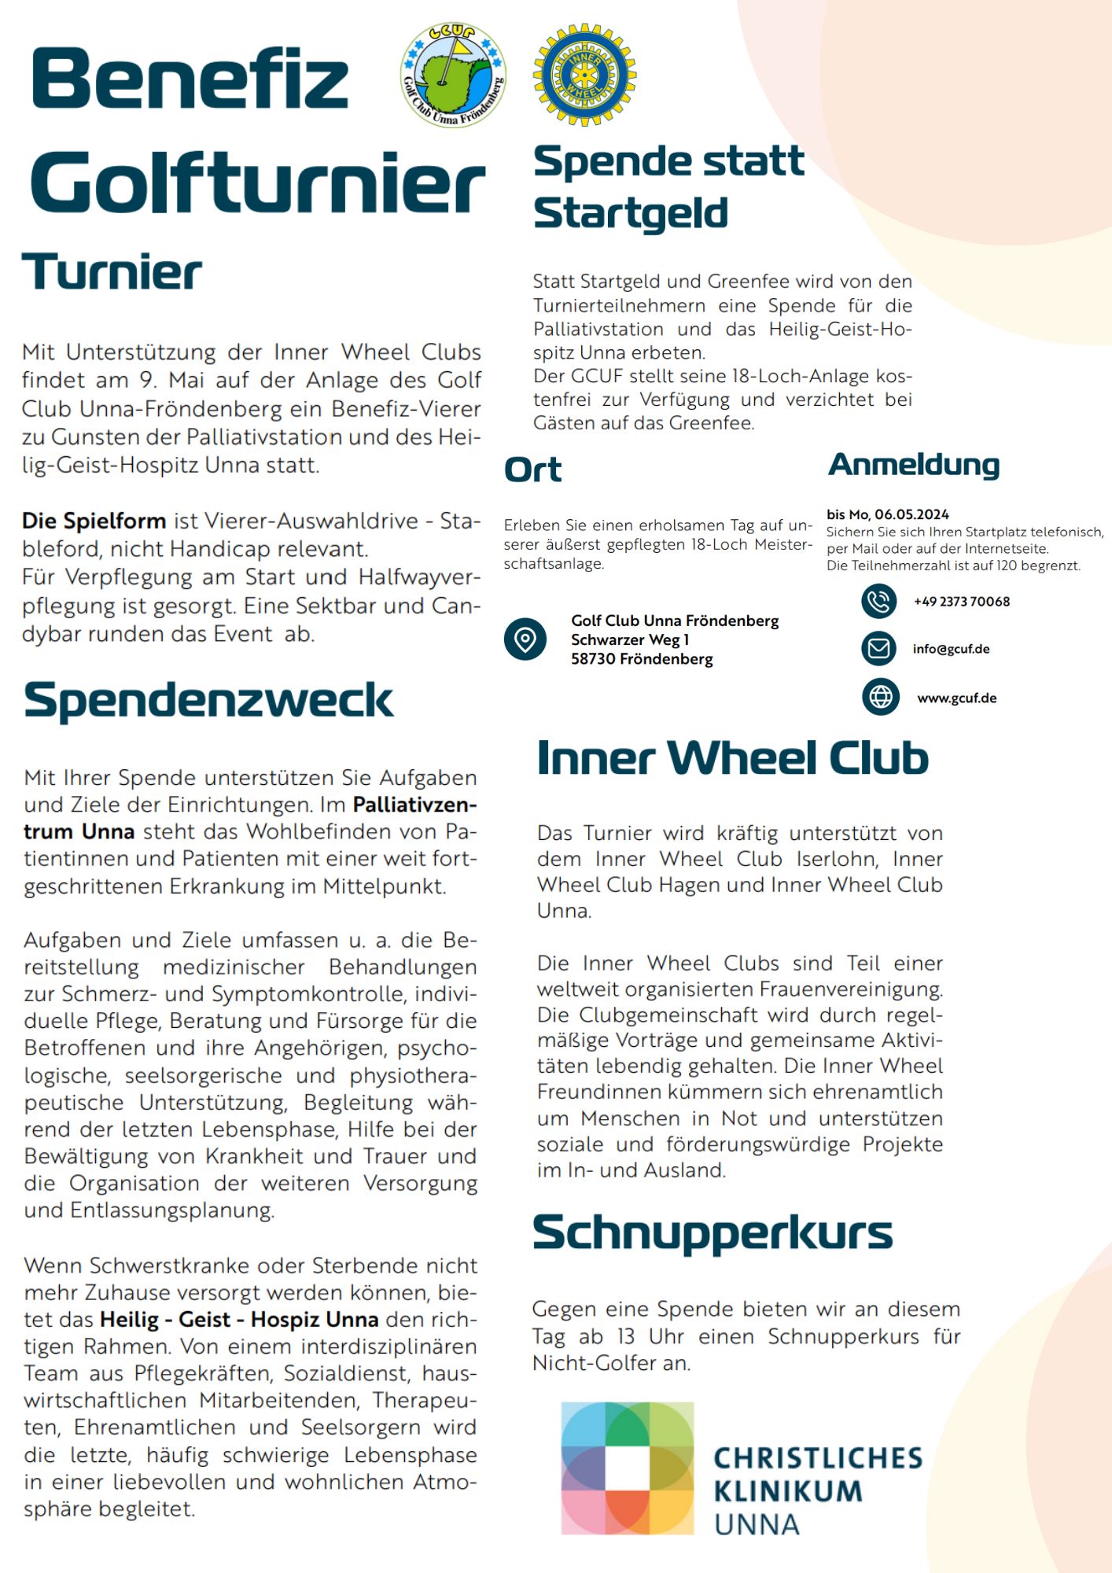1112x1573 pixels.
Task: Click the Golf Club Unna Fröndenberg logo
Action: tap(453, 75)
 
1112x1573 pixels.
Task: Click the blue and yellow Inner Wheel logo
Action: tap(584, 75)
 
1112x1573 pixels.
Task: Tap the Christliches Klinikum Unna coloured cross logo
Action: tap(627, 1468)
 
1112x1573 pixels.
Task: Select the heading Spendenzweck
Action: tap(208, 700)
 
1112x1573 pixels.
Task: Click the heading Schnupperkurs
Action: tap(712, 1232)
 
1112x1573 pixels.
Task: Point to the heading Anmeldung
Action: tap(913, 465)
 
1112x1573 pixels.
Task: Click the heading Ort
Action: tap(532, 470)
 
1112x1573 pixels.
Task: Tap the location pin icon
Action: tap(525, 639)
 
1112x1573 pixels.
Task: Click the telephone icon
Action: tap(879, 602)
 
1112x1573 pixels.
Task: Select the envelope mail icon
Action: tap(879, 649)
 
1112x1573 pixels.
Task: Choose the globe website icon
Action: tap(880, 697)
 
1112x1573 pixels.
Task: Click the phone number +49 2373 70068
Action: tap(961, 602)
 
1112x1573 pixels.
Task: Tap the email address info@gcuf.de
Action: tap(951, 649)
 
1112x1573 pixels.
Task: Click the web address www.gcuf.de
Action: tap(956, 698)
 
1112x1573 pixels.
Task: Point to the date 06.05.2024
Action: tap(911, 514)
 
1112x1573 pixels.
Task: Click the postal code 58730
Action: tap(593, 659)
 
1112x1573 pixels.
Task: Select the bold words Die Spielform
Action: tap(94, 521)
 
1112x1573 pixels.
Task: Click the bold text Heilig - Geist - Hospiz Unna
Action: tap(239, 1319)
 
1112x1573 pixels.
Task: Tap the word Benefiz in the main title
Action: tap(190, 79)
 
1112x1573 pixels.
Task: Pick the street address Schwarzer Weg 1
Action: tap(630, 639)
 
